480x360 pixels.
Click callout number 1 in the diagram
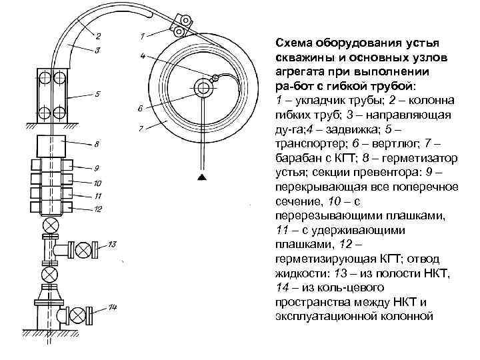pos(143,34)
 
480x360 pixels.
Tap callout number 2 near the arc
pos(98,35)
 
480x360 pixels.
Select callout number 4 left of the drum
pos(143,56)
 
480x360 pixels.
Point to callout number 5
pos(97,93)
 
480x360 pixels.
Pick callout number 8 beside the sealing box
pos(98,143)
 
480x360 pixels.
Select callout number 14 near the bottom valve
pos(113,308)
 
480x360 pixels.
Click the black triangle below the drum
pos(200,177)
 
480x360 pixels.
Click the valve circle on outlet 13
pos(84,250)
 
